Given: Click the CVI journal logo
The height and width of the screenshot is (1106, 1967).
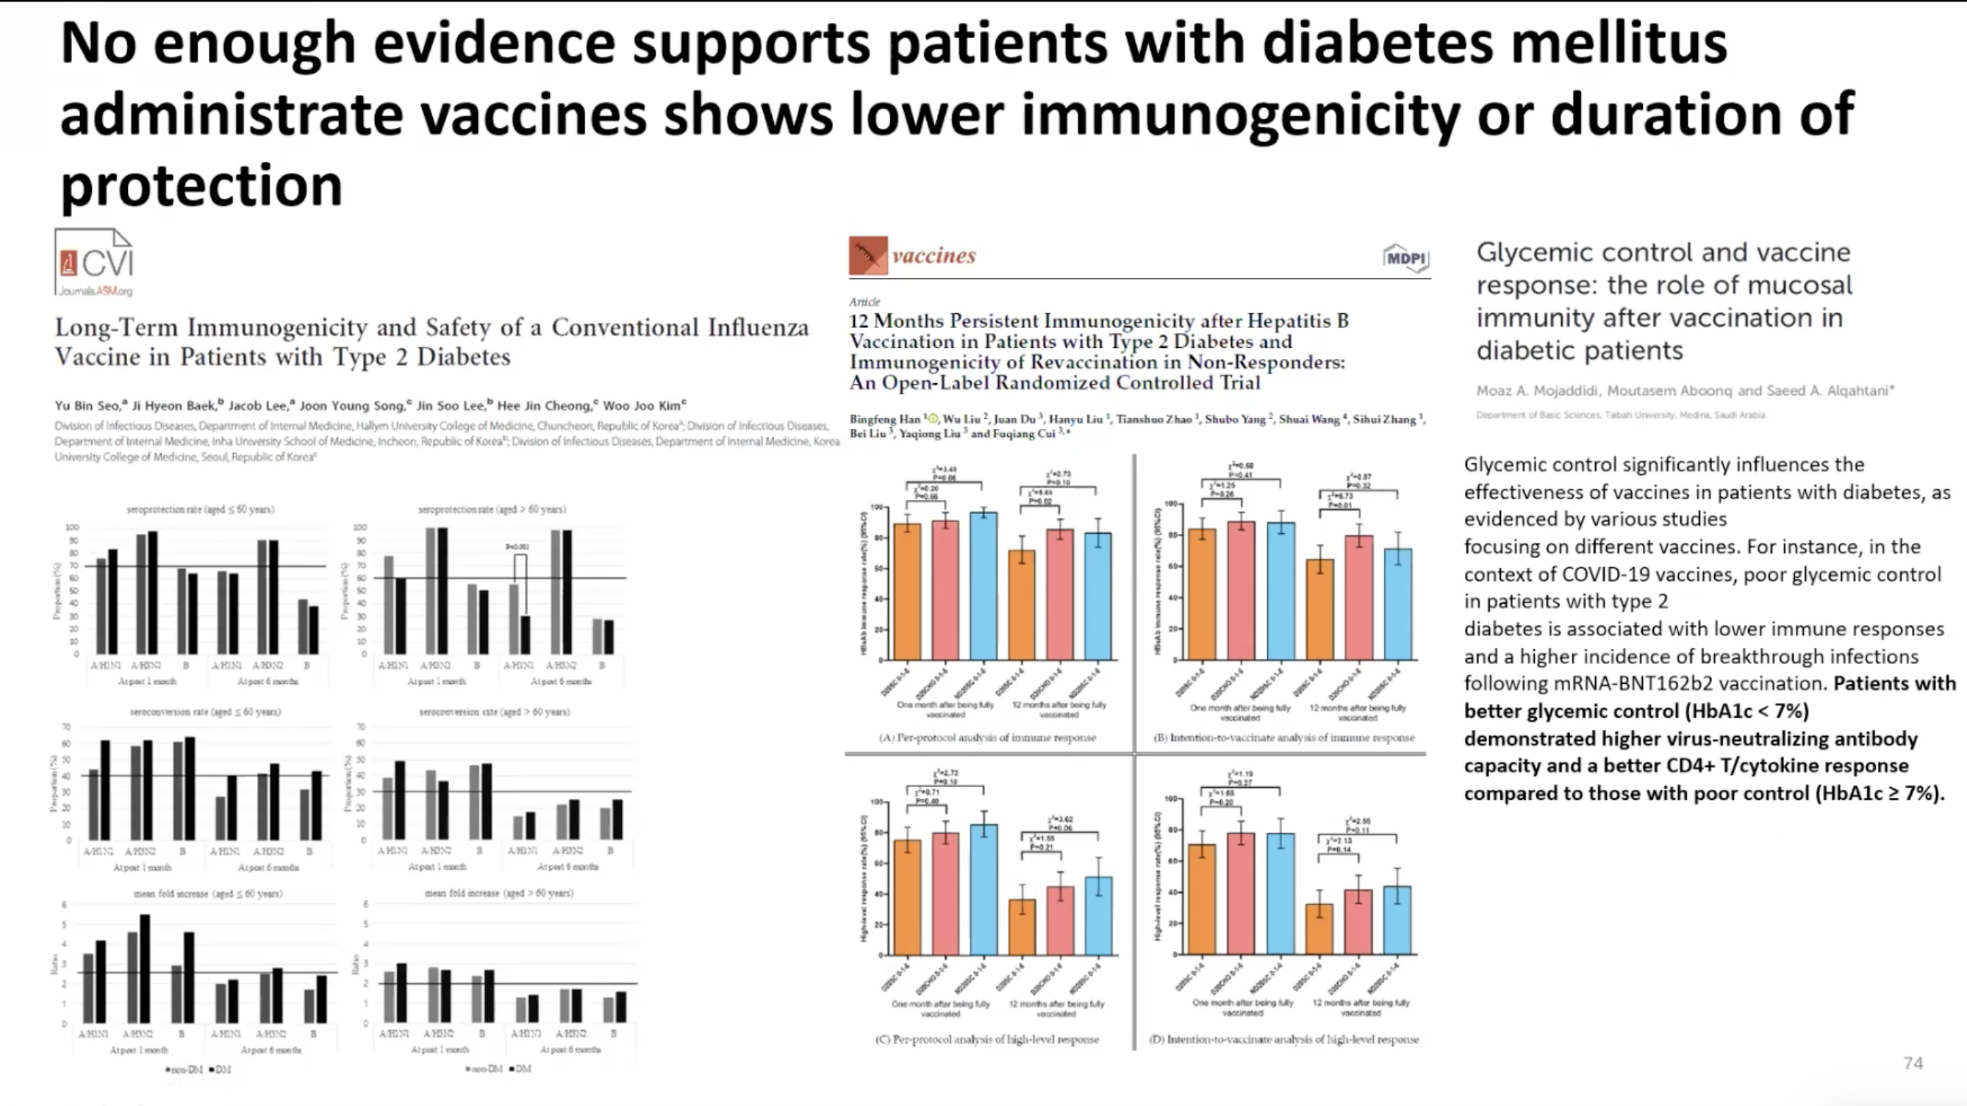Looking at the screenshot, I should pyautogui.click(x=95, y=263).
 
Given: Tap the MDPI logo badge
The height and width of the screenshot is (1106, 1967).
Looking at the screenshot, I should pyautogui.click(x=1405, y=258).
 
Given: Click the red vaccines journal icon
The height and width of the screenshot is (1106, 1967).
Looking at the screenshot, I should pyautogui.click(x=868, y=256).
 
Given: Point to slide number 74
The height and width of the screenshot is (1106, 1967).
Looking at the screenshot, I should pyautogui.click(x=1913, y=1063).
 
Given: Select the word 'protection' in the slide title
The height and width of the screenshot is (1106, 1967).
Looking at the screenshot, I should pyautogui.click(x=201, y=185).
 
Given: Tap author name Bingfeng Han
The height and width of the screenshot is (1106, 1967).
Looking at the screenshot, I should pyautogui.click(x=885, y=419).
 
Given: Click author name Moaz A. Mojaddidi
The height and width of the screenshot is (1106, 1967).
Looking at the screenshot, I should pyautogui.click(x=1537, y=391).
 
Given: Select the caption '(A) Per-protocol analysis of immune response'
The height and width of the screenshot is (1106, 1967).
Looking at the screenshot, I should pyautogui.click(x=987, y=738).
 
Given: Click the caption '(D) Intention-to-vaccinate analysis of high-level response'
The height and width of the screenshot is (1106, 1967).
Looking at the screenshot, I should pyautogui.click(x=1283, y=1040).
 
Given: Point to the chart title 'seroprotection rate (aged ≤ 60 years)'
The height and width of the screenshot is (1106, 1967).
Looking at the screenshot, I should pyautogui.click(x=200, y=510).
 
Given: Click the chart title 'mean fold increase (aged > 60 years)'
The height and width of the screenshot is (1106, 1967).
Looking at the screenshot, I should pyautogui.click(x=498, y=893).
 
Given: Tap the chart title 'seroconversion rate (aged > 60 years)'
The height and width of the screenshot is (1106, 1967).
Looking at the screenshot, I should pyautogui.click(x=494, y=712).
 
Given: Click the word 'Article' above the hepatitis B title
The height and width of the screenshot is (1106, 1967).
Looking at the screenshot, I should pyautogui.click(x=864, y=302).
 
